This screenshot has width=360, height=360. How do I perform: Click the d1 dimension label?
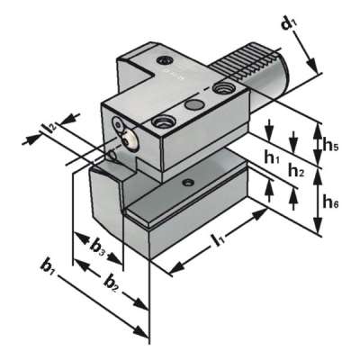click(290, 23)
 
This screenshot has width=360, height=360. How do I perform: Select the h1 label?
click(273, 157)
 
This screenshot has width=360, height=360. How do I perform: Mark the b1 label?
click(50, 267)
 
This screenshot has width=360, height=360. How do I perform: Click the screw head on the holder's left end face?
click(128, 140)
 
